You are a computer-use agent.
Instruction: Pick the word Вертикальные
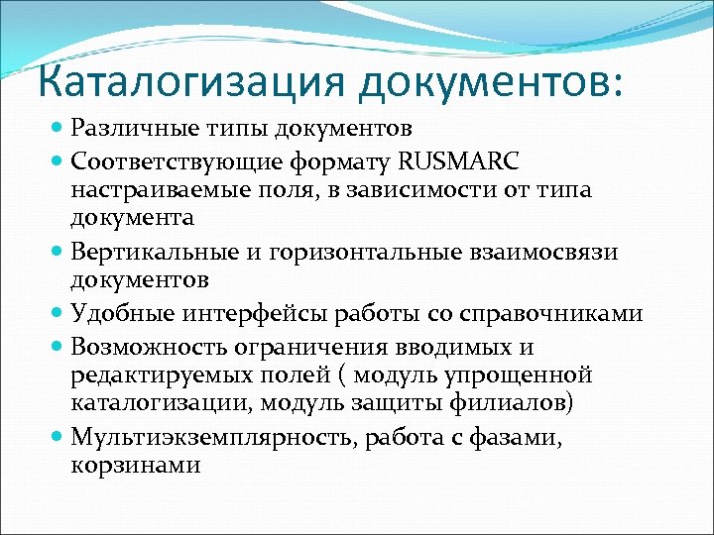(x=151, y=253)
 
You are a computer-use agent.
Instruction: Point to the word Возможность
(x=144, y=347)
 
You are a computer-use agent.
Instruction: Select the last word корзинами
(x=135, y=465)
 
